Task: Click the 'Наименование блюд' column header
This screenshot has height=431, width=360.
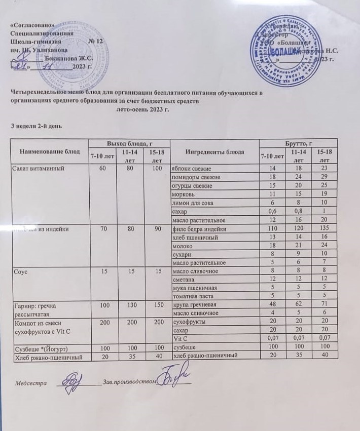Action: coord(50,151)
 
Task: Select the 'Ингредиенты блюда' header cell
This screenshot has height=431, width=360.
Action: coord(214,152)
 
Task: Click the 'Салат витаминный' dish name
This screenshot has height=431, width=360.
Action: coord(37,168)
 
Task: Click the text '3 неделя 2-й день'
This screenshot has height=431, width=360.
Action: coord(37,125)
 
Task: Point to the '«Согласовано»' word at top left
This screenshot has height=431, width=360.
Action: coord(31,25)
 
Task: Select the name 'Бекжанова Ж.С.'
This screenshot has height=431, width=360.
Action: coord(68,58)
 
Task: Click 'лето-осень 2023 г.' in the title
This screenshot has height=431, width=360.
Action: coord(142,109)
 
